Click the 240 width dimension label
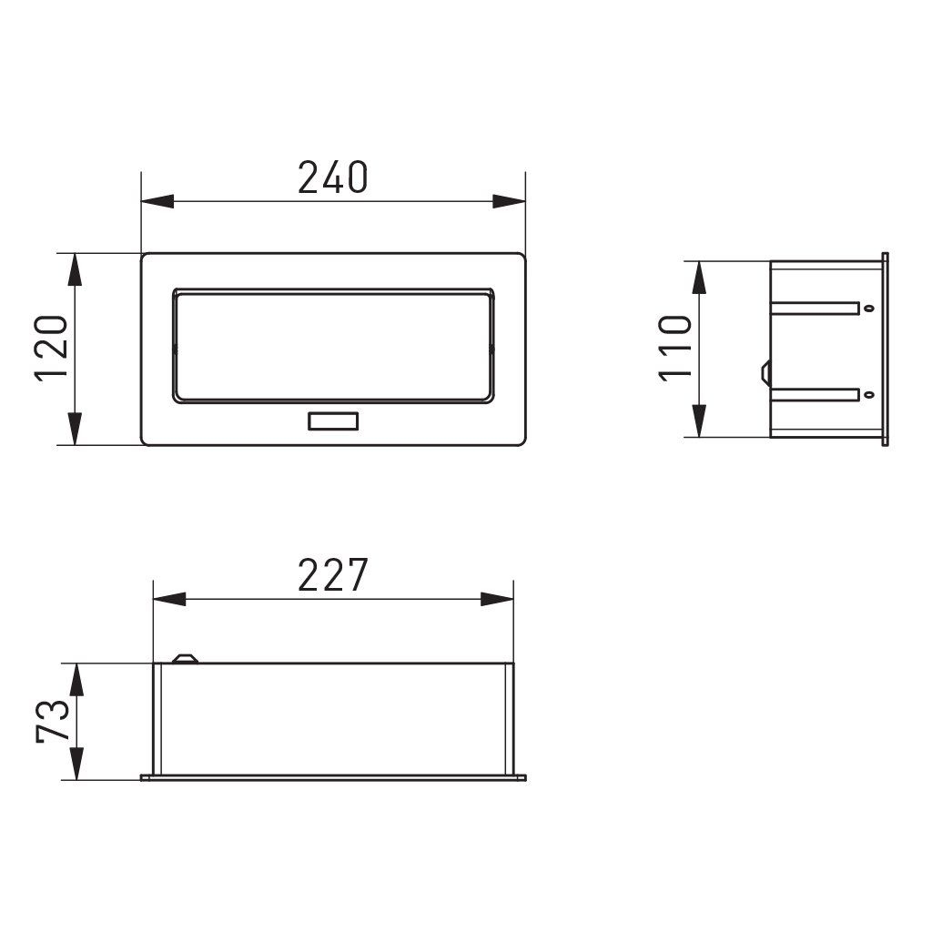pos(333,177)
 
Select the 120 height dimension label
pos(51,349)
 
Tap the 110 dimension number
pos(675,349)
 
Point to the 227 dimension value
pos(333,575)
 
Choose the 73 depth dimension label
pos(52,721)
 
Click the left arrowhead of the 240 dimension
pos(157,201)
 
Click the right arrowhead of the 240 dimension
pos(510,201)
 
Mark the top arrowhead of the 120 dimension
pos(75,269)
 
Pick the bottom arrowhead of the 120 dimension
pos(75,429)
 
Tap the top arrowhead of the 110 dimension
pos(700,278)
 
